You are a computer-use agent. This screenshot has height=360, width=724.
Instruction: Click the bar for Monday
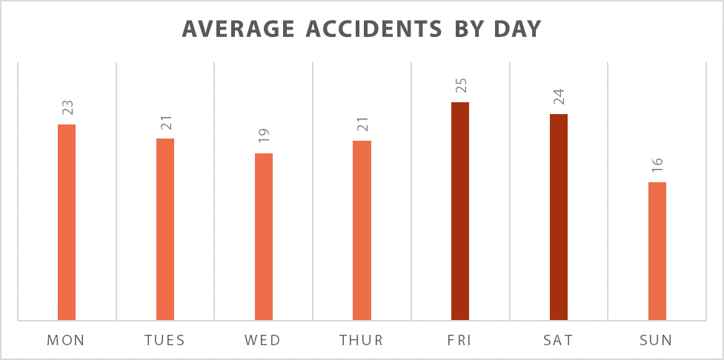[67, 222]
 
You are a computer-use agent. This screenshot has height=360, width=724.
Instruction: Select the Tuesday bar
[165, 230]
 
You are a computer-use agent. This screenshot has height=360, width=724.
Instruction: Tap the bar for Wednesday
[264, 237]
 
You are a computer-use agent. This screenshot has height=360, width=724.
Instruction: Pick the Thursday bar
[362, 230]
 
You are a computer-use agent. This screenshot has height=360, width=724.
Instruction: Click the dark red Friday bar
[460, 211]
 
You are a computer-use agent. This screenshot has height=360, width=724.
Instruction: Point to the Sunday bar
[657, 251]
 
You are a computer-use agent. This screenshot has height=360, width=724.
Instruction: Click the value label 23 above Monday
[67, 108]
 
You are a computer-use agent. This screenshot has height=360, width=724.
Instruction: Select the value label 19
[264, 136]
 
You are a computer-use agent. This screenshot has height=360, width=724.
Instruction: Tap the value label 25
[460, 86]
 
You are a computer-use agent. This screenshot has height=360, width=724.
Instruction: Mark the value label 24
[559, 97]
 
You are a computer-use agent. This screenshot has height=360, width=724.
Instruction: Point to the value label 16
[657, 165]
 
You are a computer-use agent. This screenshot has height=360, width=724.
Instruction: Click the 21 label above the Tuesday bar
[165, 122]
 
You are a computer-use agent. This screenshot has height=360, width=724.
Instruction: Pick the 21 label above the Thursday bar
[362, 124]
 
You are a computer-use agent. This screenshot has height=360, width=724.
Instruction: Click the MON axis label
[66, 341]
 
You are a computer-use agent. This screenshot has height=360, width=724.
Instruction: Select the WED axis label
[263, 341]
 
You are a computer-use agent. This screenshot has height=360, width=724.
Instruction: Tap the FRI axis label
[460, 341]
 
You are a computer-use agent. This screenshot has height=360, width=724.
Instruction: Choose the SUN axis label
[657, 341]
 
